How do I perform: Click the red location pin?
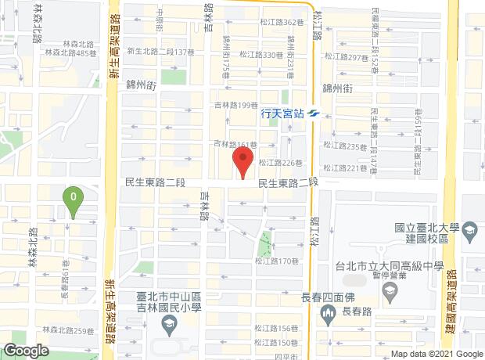point(242,163)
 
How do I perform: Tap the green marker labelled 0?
point(73,200)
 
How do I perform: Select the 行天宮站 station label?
point(281,113)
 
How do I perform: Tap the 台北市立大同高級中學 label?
point(390,265)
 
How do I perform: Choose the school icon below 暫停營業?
point(390,293)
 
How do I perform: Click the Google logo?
point(26,351)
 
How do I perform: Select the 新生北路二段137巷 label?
point(160,52)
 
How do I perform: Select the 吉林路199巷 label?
point(235,105)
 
